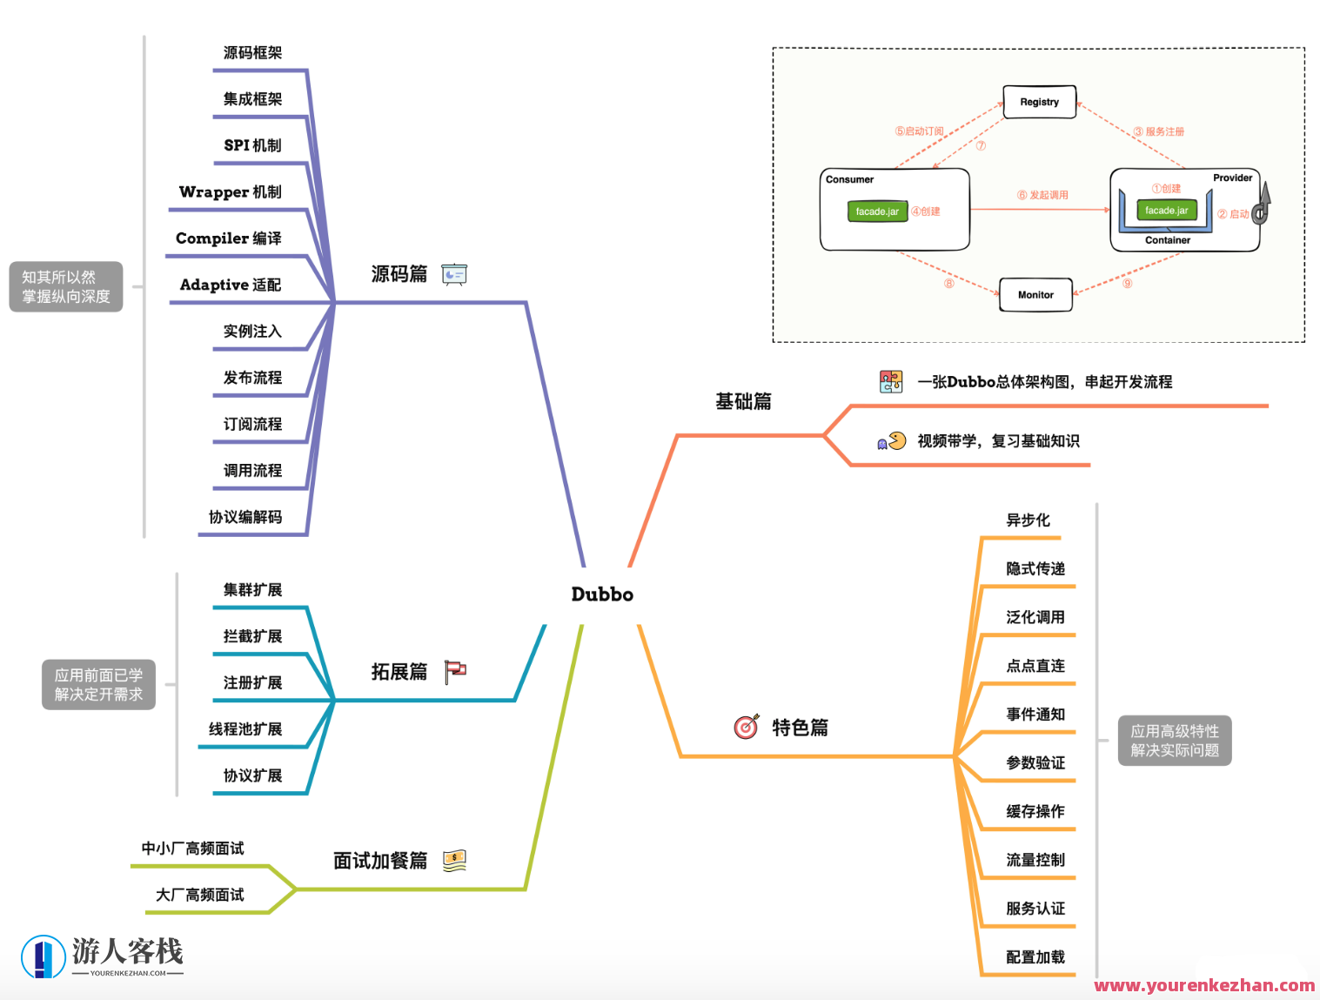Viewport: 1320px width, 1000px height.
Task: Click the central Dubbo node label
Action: [602, 594]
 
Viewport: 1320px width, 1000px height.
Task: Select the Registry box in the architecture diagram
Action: [1039, 102]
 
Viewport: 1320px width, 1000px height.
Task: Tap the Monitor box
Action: [1035, 295]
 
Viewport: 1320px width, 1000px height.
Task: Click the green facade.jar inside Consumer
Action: [877, 211]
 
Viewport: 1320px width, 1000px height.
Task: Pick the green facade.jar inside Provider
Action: [1166, 211]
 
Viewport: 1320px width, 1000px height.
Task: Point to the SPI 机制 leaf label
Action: [252, 145]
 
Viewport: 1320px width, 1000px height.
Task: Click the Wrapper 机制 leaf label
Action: [230, 191]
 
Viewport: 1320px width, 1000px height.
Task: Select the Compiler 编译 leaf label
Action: [228, 238]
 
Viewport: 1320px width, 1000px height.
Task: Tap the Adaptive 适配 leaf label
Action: [230, 285]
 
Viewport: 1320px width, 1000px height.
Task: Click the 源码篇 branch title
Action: [399, 274]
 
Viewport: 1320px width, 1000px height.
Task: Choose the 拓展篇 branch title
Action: [399, 672]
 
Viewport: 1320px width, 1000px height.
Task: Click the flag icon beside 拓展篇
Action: [455, 672]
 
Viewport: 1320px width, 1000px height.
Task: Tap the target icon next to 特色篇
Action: [747, 727]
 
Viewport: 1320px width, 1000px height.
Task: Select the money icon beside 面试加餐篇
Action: [454, 861]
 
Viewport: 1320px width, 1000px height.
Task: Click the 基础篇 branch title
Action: [743, 401]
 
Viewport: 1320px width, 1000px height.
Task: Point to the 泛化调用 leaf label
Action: [1035, 617]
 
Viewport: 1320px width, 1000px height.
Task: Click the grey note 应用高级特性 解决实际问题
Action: [1175, 741]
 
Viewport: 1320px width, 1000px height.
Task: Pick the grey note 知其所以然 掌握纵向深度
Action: [66, 286]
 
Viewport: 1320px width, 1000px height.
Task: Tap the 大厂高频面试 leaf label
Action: [200, 895]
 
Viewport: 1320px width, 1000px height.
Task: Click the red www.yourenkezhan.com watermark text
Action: [1204, 985]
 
